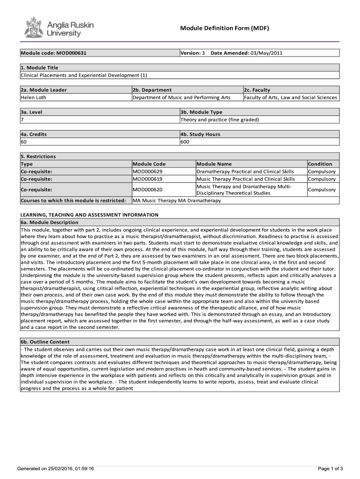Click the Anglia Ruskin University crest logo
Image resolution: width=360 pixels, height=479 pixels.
[33, 28]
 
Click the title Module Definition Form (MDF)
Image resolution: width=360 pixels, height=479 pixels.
[224, 29]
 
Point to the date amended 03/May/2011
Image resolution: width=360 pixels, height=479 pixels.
[266, 53]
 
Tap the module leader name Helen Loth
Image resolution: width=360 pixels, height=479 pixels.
[33, 97]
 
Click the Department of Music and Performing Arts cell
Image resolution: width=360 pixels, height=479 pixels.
[182, 97]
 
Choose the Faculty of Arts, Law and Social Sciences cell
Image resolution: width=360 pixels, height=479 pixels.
[290, 97]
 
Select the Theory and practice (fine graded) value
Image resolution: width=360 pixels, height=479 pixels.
[219, 119]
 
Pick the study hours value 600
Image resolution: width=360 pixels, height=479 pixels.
[185, 142]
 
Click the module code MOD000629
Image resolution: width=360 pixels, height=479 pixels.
[148, 171]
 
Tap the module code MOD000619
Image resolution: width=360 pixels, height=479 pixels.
[148, 179]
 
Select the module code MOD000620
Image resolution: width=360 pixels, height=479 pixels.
[148, 189]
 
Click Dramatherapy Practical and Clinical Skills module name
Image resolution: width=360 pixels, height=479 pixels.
[245, 171]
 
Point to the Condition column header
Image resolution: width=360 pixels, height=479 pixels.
[320, 164]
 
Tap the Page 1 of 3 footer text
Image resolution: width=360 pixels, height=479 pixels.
[330, 468]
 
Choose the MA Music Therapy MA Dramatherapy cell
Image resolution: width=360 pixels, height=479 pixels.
[177, 200]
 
